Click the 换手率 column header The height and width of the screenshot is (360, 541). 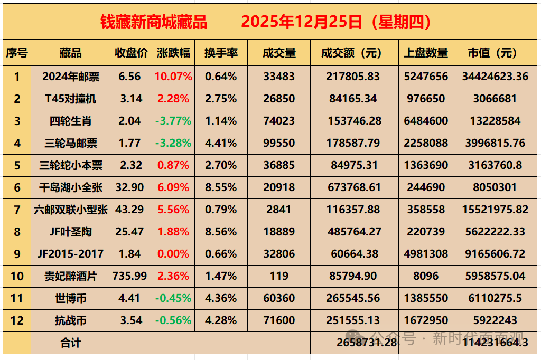coord(221,53)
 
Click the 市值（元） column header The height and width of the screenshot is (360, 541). coord(495,53)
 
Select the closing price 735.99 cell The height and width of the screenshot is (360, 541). coord(130,276)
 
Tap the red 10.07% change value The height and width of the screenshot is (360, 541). coord(173,77)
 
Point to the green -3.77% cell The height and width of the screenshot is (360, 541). coord(173,121)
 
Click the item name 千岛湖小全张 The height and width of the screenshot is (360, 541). coord(70,187)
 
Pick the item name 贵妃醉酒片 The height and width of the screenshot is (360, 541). coord(70,276)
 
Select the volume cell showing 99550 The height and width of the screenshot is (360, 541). coord(278,143)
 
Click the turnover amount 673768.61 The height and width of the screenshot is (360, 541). coord(354,187)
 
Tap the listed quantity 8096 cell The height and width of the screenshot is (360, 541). coord(426,276)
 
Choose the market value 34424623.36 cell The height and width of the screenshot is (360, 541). coord(495,77)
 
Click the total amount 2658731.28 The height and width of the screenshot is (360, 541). coord(366,343)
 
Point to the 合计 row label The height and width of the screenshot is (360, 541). coord(70,343)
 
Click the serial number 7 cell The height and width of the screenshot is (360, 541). coord(17,210)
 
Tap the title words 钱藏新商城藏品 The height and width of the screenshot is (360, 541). coord(154,22)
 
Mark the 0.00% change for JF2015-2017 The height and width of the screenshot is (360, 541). coord(173,254)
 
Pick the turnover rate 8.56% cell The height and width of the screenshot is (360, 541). coord(221,232)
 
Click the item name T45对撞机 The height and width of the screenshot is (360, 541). coord(70,99)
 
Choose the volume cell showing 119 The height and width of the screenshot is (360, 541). coord(278,276)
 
